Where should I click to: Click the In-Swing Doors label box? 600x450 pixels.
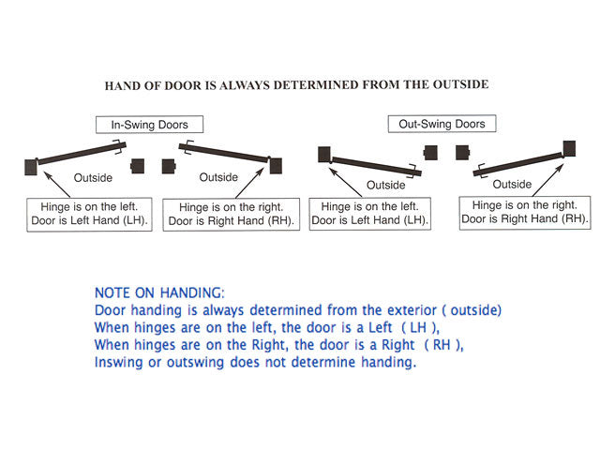148,125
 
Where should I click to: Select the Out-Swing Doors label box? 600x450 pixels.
429,124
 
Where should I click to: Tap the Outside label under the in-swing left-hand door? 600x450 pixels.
94,177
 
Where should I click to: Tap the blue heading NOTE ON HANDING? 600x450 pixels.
160,292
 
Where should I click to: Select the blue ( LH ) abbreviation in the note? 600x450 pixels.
416,327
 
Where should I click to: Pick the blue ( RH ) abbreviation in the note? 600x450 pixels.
443,344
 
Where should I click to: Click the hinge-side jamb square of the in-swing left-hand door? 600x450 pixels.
29,166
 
